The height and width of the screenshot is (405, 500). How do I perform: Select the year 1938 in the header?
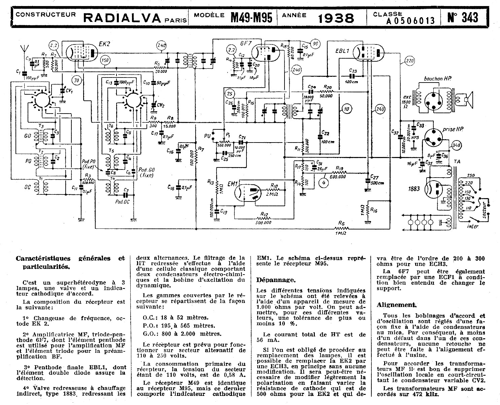click(336, 18)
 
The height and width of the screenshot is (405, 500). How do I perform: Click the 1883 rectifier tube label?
click(413, 189)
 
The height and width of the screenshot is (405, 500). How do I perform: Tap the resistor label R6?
click(341, 223)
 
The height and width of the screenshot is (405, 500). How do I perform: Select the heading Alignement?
click(397, 305)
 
